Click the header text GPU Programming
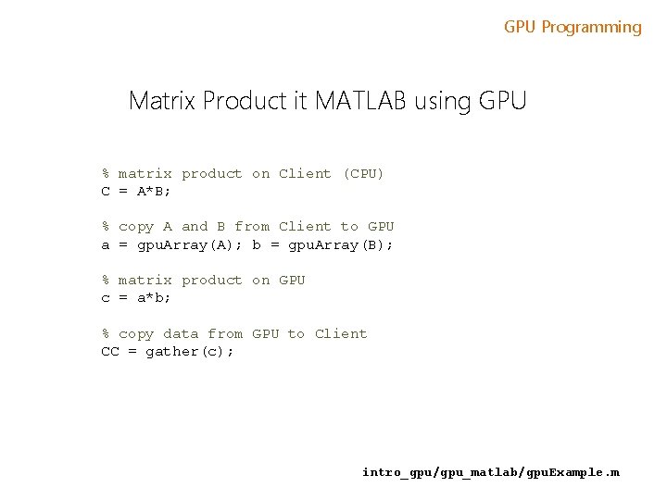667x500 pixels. (573, 27)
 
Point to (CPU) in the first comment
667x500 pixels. (363, 173)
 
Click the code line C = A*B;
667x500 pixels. (136, 191)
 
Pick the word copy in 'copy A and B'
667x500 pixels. (136, 226)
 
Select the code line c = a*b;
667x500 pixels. (136, 297)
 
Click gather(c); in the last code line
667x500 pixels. (190, 351)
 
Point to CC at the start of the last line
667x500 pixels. (110, 351)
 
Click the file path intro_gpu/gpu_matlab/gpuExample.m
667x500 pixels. (491, 472)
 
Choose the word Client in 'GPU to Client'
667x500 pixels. (341, 333)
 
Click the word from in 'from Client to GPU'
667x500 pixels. (252, 226)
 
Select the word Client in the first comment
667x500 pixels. (305, 173)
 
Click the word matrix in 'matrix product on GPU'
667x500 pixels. (145, 280)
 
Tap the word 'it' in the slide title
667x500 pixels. (300, 100)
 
